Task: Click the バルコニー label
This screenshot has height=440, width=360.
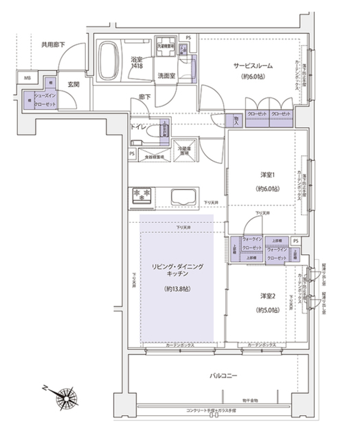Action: [x=223, y=375]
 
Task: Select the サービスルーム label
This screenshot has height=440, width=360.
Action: [x=253, y=66]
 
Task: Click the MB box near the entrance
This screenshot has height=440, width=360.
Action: [x=28, y=78]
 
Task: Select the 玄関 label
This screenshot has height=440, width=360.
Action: [x=73, y=84]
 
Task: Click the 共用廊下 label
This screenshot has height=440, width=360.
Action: [x=53, y=45]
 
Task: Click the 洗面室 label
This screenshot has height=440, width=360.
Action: [x=165, y=75]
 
